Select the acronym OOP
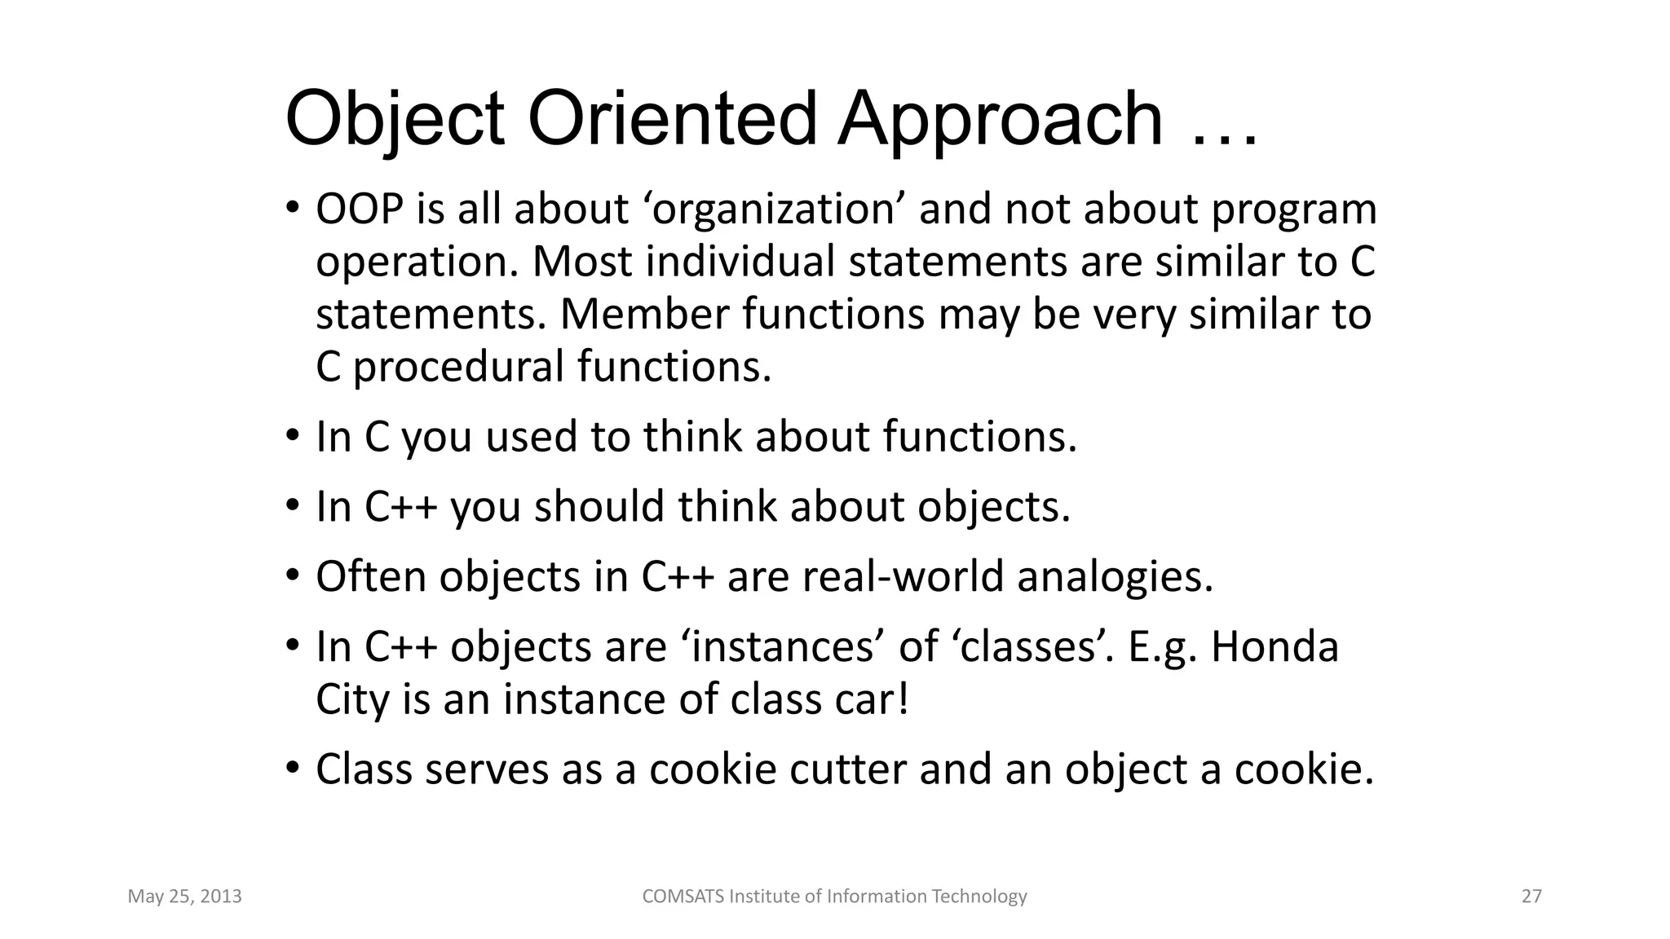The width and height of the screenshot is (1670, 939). (x=360, y=209)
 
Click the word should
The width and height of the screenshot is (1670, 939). (x=599, y=506)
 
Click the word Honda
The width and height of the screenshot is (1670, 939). (x=1275, y=647)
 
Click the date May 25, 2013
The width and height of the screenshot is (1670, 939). (x=184, y=897)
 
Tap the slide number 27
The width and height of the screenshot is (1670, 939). (x=1531, y=897)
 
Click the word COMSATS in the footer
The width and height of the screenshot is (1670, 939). (x=683, y=897)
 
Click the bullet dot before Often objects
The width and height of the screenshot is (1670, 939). (x=293, y=575)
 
